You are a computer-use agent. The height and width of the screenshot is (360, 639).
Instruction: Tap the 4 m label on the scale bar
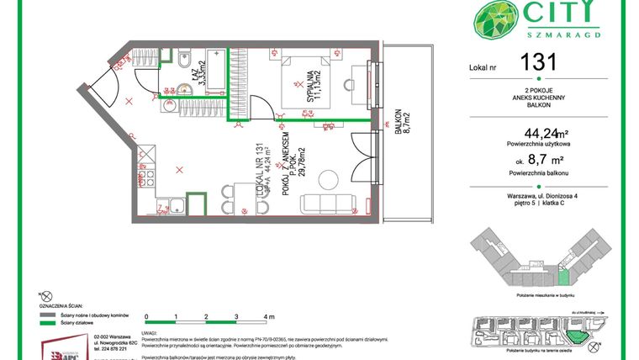point(268,316)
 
